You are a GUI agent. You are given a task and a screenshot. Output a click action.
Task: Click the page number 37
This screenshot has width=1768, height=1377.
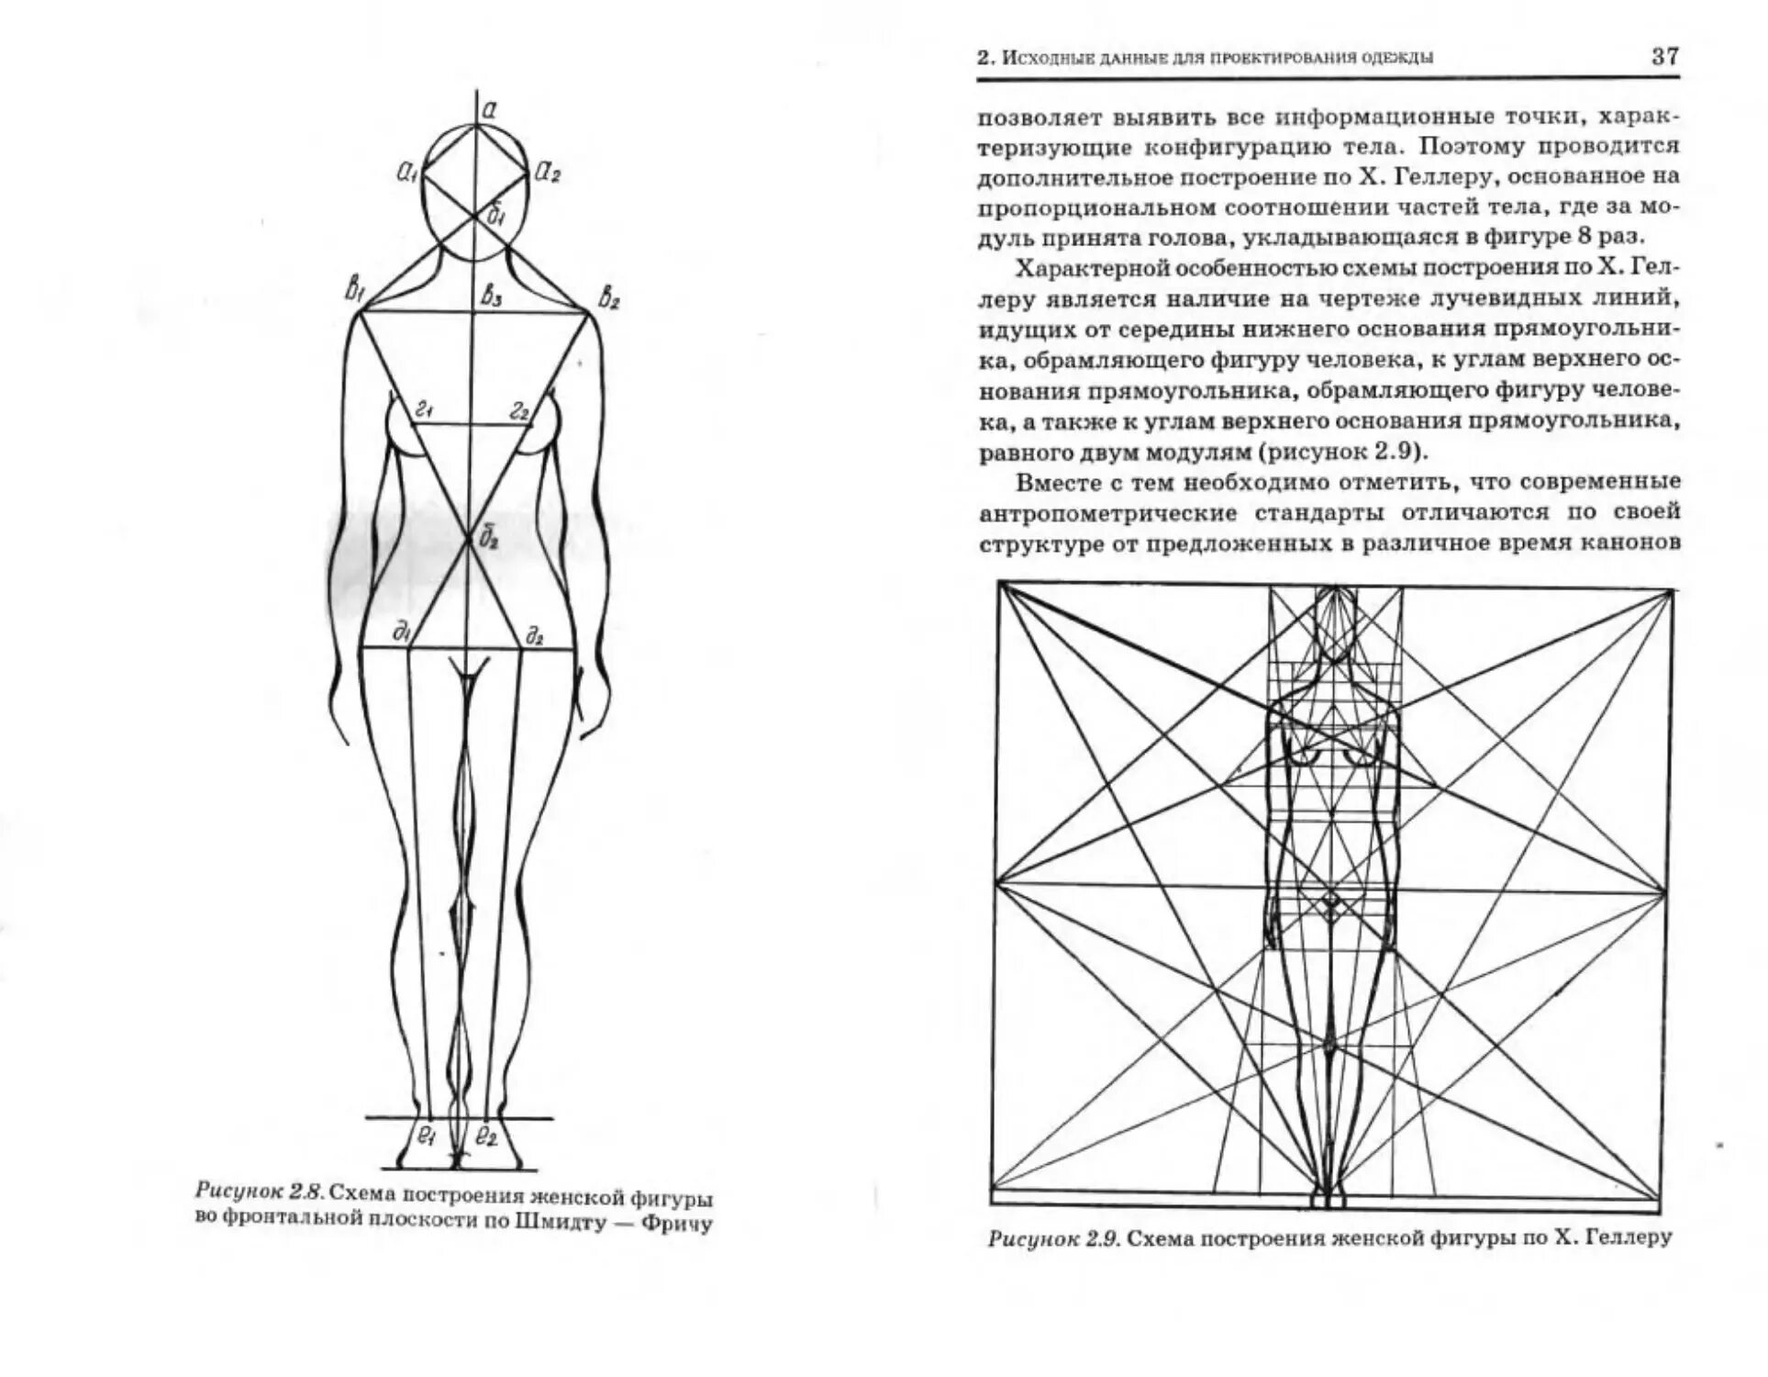click(x=1664, y=56)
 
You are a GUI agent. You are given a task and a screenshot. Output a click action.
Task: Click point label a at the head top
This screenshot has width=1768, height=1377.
click(x=489, y=110)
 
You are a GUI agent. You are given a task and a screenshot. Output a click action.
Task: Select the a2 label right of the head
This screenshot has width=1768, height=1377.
click(x=548, y=172)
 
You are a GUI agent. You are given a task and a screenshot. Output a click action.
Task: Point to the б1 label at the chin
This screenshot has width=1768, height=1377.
click(x=495, y=217)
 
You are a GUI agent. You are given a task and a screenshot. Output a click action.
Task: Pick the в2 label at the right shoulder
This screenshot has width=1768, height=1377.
click(x=608, y=297)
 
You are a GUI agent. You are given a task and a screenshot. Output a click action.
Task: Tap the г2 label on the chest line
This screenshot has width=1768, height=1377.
click(x=520, y=410)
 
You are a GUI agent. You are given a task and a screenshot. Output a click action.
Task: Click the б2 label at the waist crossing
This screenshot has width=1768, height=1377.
click(x=489, y=540)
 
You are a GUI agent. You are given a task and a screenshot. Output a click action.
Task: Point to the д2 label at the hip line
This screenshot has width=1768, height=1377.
click(x=535, y=634)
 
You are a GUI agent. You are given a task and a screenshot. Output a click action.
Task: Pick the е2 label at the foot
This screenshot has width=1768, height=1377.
click(x=486, y=1137)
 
